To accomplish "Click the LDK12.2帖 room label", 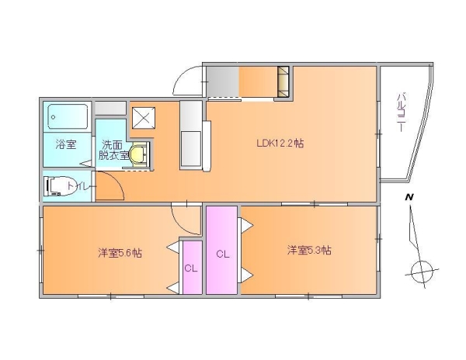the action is click(x=280, y=144).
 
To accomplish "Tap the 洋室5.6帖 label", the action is click(x=120, y=253).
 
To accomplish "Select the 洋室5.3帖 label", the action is click(x=309, y=250).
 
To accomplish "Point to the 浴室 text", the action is click(x=66, y=144).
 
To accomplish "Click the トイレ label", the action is click(x=82, y=186).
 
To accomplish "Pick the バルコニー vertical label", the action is click(x=401, y=112).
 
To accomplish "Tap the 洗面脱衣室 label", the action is click(x=113, y=150).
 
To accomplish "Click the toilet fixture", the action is click(x=58, y=186).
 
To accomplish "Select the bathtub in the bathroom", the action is click(x=68, y=116).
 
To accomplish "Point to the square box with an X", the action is click(x=144, y=118).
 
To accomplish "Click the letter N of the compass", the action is click(x=409, y=197).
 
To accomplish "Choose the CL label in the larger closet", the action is click(x=223, y=254).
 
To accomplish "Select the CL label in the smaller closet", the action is click(x=191, y=268).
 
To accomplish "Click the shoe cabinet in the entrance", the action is click(x=283, y=81).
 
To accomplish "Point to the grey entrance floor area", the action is click(x=223, y=81).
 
